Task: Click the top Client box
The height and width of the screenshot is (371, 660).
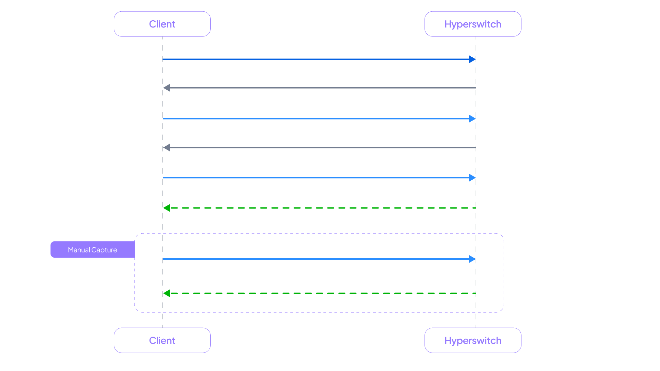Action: [162, 24]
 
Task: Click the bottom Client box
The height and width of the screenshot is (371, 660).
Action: [162, 340]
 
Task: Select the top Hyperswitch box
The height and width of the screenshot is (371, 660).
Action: [473, 24]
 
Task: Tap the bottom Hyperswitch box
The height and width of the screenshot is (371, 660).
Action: [473, 340]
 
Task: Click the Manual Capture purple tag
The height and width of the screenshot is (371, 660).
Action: [92, 250]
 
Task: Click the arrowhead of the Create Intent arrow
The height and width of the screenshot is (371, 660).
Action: [472, 59]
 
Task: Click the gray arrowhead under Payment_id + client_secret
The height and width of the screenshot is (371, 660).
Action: [167, 88]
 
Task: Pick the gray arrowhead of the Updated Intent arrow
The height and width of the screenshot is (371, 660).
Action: [167, 148]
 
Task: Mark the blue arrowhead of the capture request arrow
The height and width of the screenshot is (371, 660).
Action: [472, 259]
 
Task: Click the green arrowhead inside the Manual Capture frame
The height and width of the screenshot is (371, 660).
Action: [167, 293]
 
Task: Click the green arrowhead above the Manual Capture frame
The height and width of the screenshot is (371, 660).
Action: [167, 208]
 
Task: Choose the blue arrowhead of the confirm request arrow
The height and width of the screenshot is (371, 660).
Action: [472, 178]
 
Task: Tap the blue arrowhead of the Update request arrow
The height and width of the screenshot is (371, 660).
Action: [472, 119]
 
